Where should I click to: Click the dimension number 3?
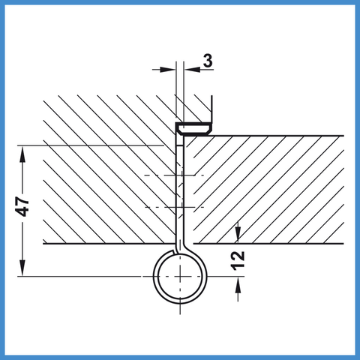[208, 61]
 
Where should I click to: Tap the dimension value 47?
[22, 206]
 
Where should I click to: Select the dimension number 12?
[238, 261]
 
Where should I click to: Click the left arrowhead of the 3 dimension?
[167, 70]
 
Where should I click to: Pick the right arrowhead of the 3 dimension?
[192, 70]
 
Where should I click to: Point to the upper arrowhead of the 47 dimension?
[22, 154]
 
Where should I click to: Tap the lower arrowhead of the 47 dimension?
[22, 268]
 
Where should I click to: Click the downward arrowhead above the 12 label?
[238, 235]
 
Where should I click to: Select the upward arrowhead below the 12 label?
[238, 285]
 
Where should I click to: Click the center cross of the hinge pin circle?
[180, 276]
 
